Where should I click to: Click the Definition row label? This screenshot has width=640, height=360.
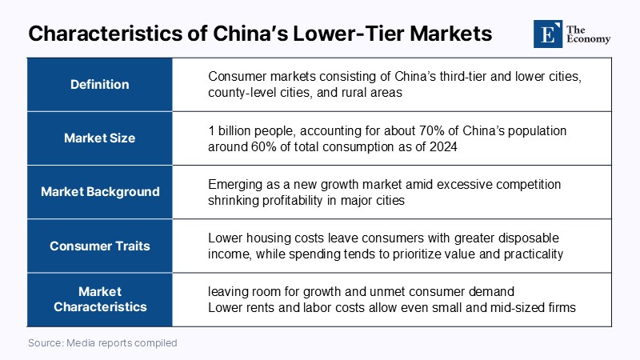click(x=99, y=85)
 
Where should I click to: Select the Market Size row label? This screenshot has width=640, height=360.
click(x=99, y=138)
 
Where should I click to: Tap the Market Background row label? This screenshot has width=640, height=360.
click(x=100, y=192)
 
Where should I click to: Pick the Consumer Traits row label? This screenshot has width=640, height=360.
click(x=99, y=246)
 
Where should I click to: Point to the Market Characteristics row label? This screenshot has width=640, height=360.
click(x=100, y=299)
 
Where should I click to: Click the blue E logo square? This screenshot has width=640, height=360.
click(x=548, y=34)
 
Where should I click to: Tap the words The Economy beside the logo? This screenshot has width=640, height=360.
click(x=588, y=34)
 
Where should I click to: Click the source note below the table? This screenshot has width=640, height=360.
click(x=102, y=343)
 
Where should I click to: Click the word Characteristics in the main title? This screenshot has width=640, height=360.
click(x=106, y=34)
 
